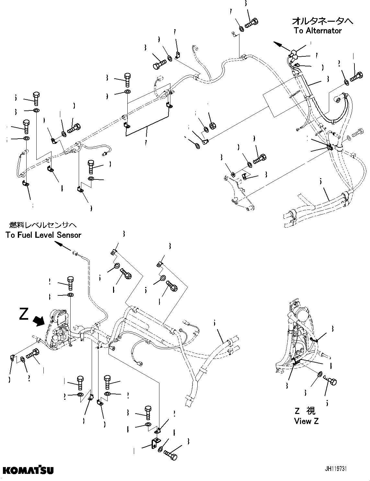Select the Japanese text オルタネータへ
click(322, 21)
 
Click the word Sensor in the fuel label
click(69, 235)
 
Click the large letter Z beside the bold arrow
click(24, 314)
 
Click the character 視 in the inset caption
click(311, 411)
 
